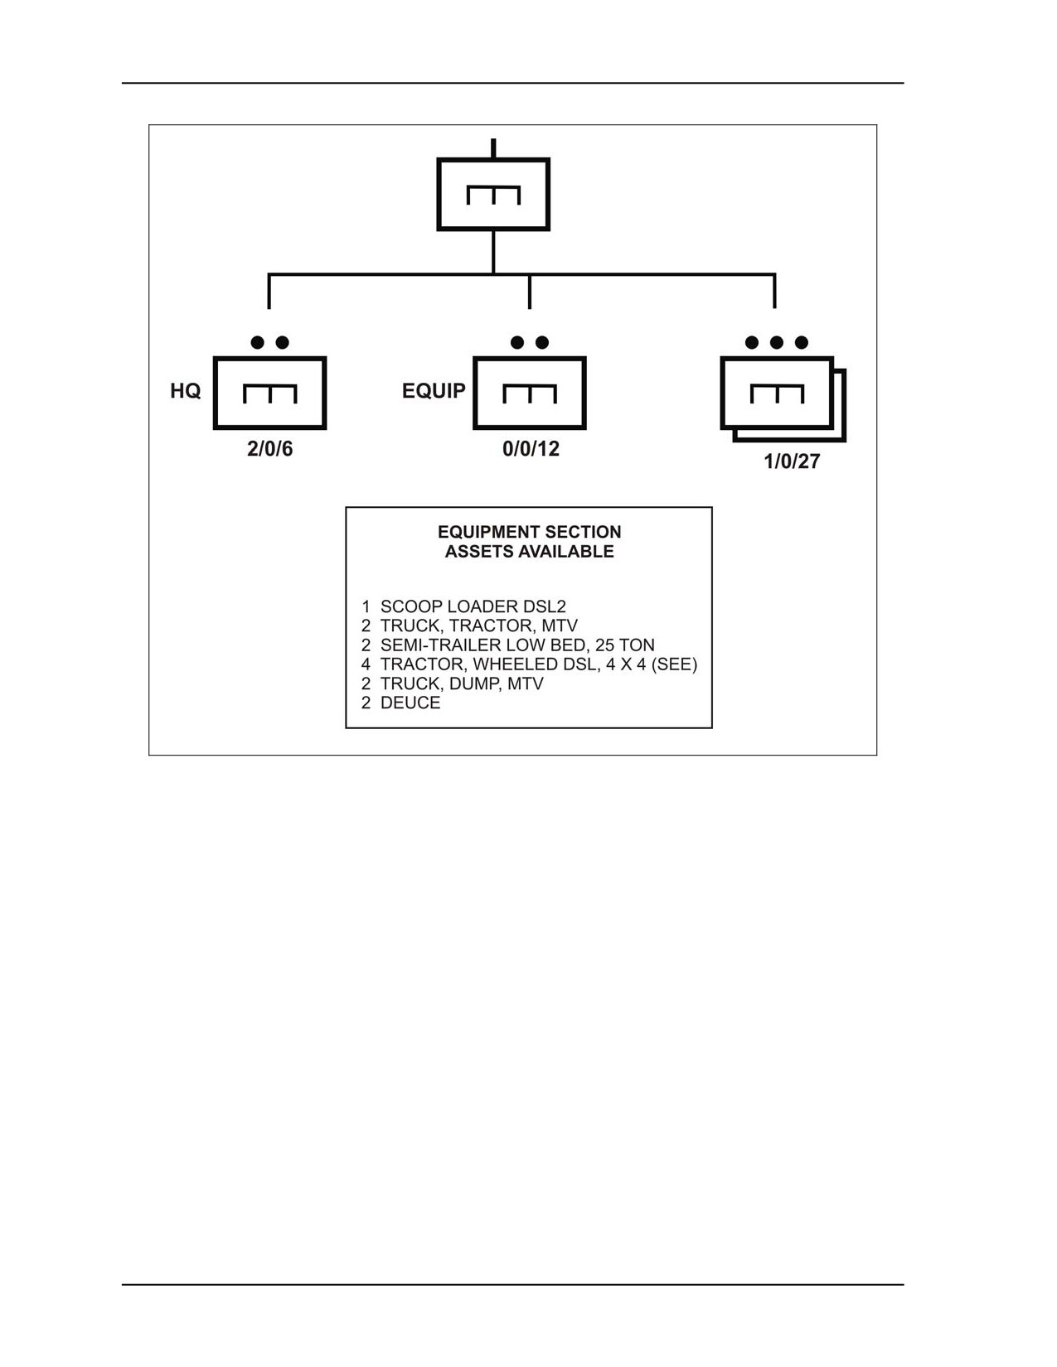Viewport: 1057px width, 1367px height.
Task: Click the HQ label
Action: pos(185,391)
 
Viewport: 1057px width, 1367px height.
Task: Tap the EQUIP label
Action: pos(434,391)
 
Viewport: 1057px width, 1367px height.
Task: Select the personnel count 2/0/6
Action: pos(270,449)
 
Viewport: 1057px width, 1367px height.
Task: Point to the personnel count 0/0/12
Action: pos(531,449)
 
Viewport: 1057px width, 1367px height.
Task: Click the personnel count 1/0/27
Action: pos(792,461)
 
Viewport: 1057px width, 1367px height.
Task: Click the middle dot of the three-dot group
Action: pos(777,343)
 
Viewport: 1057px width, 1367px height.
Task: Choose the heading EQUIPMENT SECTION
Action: pos(530,532)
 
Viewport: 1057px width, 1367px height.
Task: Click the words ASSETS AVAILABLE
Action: pos(530,552)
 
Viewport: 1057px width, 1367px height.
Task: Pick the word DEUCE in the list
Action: pos(410,703)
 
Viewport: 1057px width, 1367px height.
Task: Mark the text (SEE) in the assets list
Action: pos(674,665)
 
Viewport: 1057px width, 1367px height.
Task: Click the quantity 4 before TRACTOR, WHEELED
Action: pos(366,665)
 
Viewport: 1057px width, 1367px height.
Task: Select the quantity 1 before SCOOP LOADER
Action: pos(366,607)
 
